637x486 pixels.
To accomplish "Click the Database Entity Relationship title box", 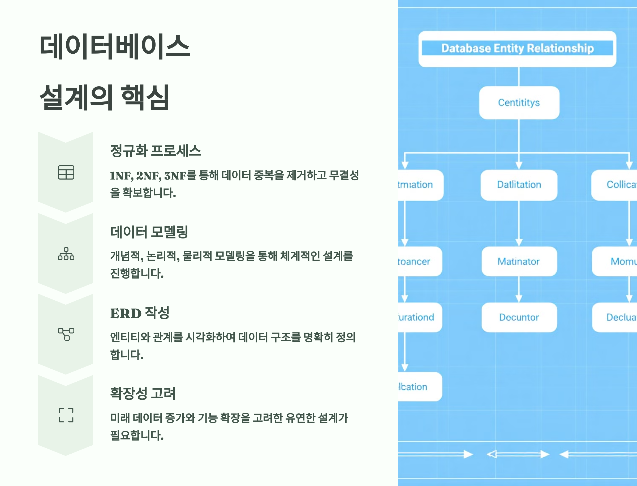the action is pos(517,49).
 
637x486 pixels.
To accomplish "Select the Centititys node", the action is pos(519,103).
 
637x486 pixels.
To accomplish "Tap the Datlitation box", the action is pos(519,185).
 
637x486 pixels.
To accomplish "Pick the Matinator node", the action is pos(519,262).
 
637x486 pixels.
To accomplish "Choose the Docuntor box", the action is pos(519,317).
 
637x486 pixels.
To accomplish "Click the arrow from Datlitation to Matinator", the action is pos(519,223).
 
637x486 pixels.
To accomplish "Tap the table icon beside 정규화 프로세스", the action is pos(66,172).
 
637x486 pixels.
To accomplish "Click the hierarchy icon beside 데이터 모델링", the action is pos(66,254).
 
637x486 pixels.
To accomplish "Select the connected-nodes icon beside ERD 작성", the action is pos(66,334).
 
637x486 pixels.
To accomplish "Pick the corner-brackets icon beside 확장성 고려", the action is pos(66,415).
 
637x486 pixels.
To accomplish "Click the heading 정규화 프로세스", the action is pos(156,151).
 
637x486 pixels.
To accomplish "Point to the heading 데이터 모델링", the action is pos(149,232).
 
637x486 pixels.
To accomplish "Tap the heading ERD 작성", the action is pos(140,313).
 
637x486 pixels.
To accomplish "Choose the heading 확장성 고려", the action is pos(143,393).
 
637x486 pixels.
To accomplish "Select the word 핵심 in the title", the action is pos(145,97).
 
